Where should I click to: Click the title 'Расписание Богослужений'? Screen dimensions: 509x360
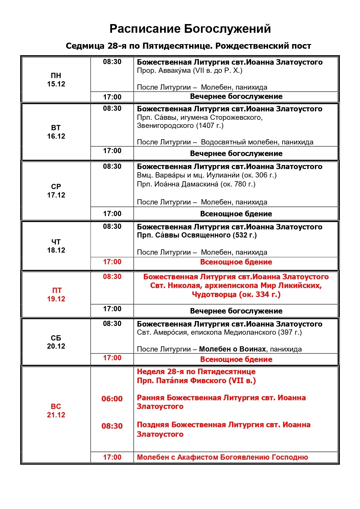190,29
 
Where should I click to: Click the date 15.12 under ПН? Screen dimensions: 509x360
56,84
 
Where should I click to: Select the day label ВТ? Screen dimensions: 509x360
56,128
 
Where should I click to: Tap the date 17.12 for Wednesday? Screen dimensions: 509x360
56,195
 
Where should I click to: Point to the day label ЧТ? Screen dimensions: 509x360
56,242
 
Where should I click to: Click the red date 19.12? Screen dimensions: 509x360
56,299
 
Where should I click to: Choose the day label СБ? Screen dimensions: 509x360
56,338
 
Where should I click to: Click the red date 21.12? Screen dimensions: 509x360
56,415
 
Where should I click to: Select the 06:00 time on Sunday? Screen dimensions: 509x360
112,399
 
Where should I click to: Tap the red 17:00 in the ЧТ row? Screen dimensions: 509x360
112,262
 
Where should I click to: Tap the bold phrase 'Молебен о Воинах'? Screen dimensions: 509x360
232,349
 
